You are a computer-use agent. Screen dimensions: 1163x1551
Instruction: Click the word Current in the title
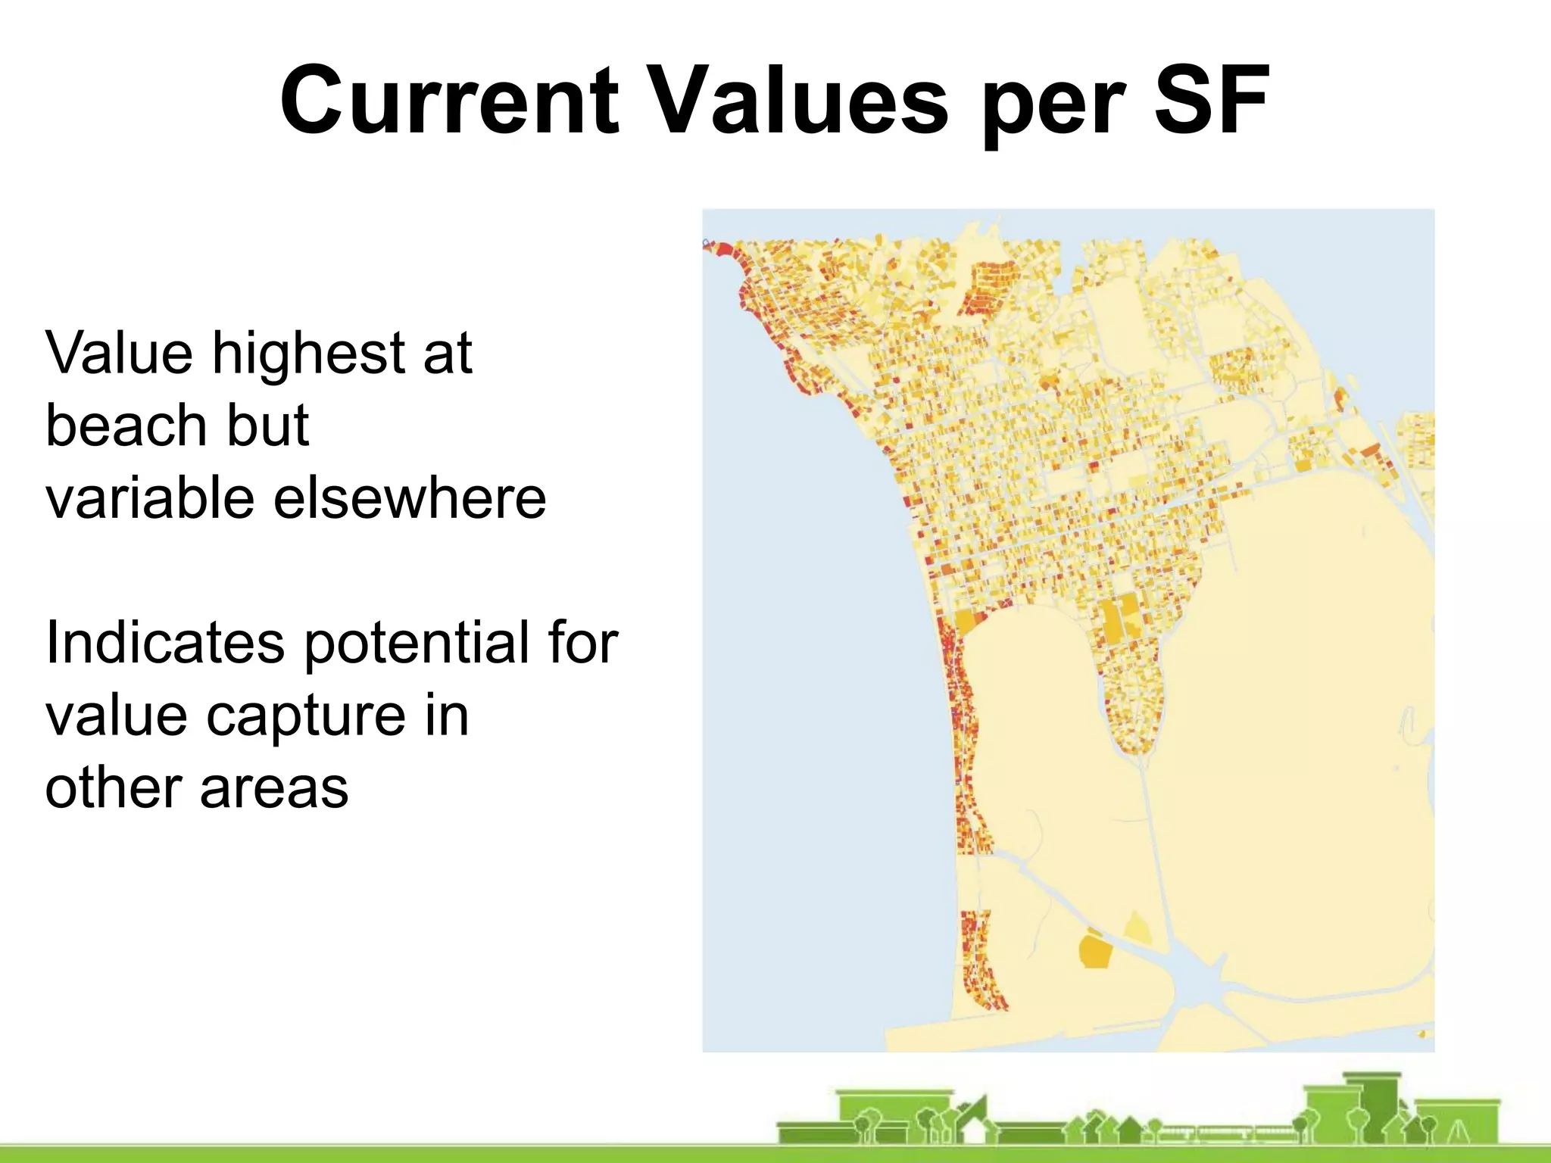(x=449, y=101)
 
